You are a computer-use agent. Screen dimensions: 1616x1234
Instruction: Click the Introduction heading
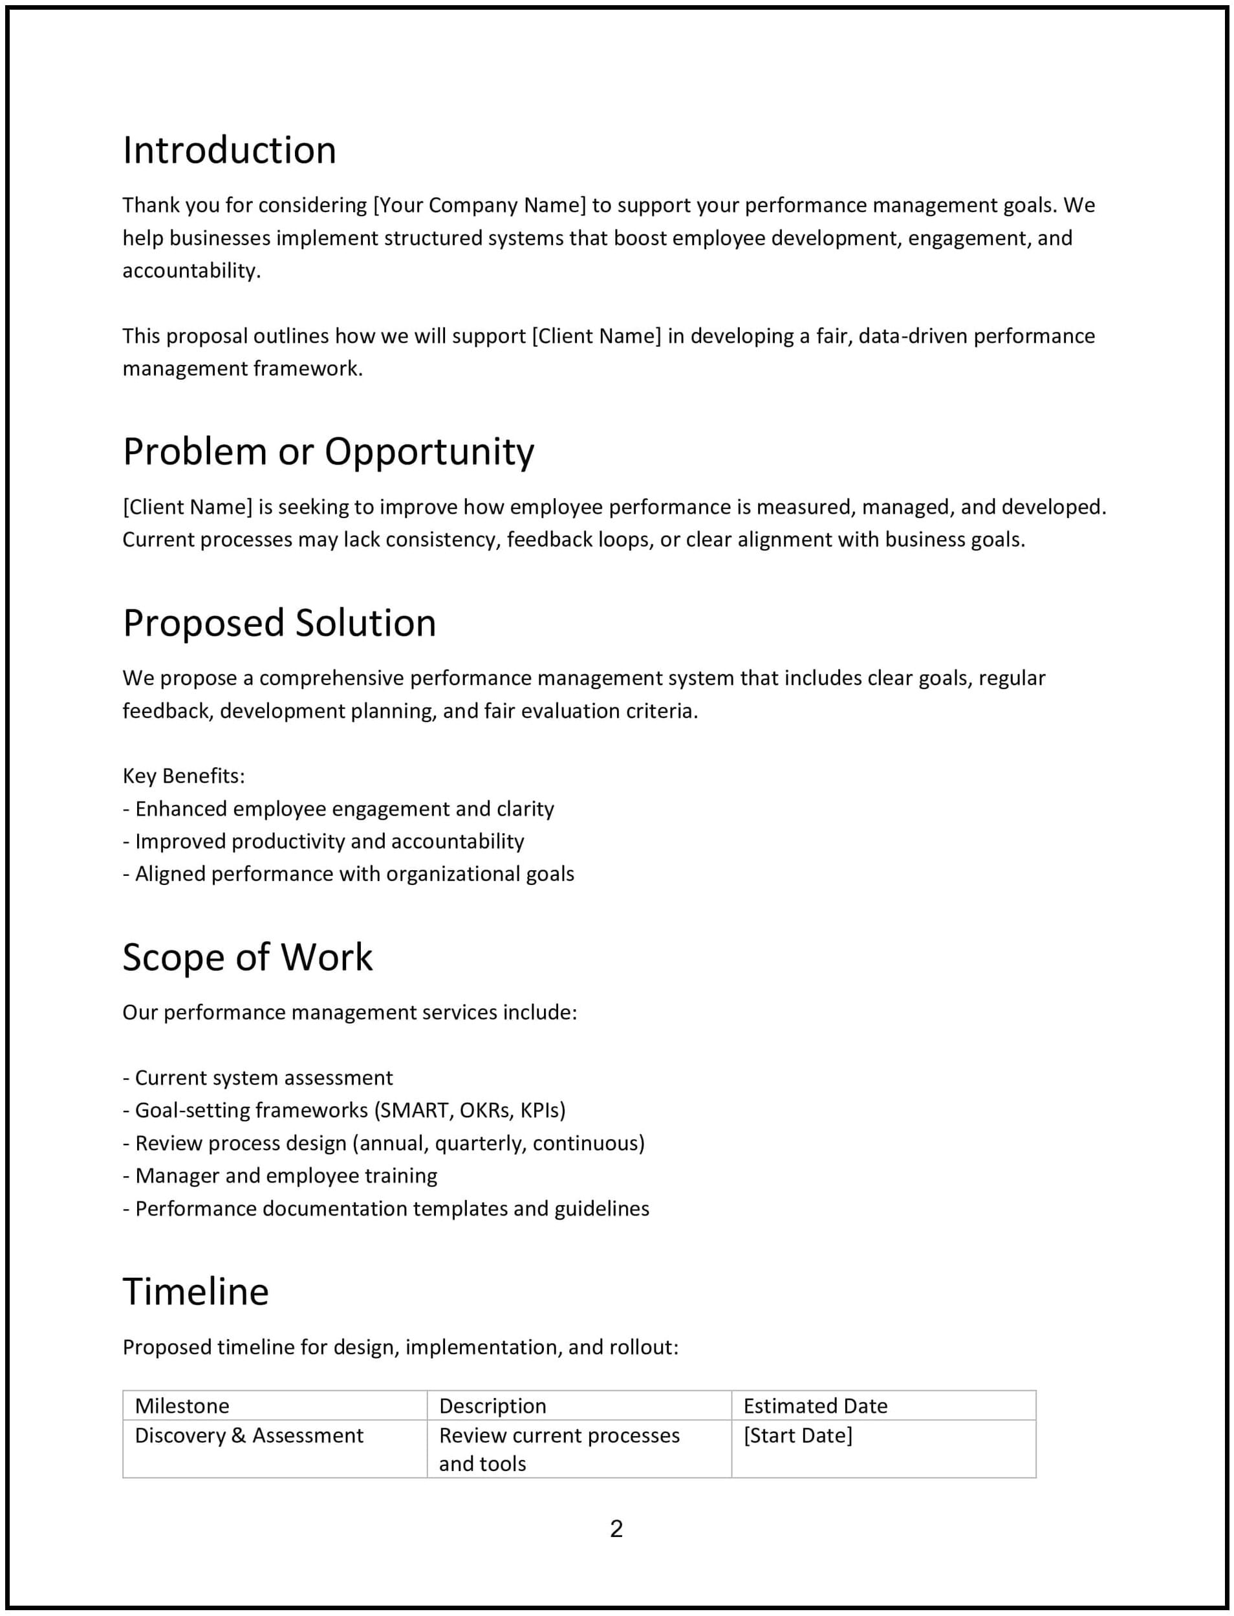pos(229,151)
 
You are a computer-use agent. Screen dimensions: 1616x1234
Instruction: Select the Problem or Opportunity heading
pos(329,451)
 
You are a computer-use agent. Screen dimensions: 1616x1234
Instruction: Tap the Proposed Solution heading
pos(279,623)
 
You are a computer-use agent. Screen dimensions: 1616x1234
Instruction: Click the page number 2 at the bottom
pos(616,1529)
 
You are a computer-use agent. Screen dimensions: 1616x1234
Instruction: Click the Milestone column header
pos(182,1406)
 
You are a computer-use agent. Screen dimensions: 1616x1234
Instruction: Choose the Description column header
pos(493,1406)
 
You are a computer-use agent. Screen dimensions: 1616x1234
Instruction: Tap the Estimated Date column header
pos(816,1406)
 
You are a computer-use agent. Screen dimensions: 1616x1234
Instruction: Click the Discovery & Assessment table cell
pos(249,1436)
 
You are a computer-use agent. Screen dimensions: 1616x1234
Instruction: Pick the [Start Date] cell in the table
pos(797,1436)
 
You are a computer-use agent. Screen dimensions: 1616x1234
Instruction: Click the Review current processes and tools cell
pos(559,1449)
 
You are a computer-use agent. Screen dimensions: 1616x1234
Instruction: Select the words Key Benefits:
pos(184,776)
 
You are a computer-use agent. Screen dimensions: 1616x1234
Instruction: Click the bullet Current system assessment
pos(264,1078)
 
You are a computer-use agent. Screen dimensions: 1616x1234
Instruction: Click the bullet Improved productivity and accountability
pos(329,841)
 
